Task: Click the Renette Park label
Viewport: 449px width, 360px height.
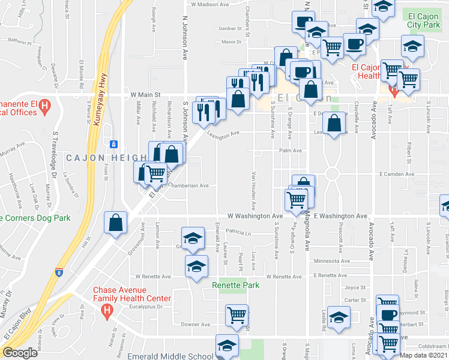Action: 236,285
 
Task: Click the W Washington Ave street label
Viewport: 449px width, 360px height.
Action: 255,216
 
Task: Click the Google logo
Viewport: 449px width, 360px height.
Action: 20,353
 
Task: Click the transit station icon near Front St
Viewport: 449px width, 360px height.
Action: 113,143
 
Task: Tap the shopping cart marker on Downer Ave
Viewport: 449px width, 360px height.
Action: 237,314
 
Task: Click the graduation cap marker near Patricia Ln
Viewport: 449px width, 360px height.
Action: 193,238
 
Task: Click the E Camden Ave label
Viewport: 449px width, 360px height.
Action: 397,174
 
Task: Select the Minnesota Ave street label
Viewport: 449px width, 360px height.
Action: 331,262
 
